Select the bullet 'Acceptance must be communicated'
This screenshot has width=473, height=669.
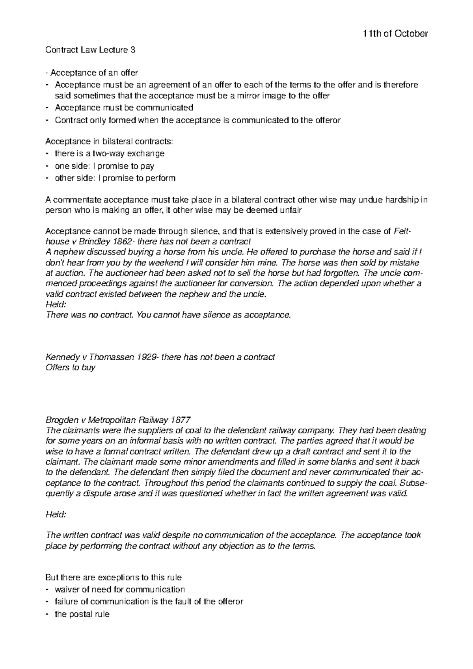[124, 108]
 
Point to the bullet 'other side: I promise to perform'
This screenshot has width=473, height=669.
[115, 178]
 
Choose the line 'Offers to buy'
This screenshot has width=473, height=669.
[71, 368]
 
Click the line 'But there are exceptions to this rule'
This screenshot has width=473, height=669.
[114, 578]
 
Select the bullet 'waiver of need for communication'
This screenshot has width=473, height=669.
[119, 589]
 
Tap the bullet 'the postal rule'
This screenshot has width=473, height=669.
[82, 614]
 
